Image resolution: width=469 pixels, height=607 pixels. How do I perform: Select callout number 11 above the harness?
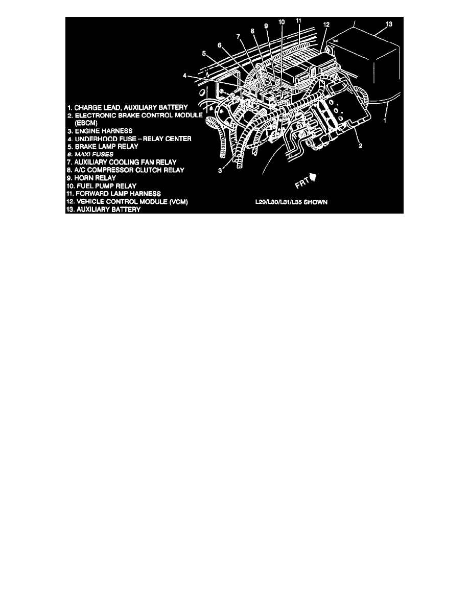click(299, 20)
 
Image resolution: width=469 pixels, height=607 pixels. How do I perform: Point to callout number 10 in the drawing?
click(282, 22)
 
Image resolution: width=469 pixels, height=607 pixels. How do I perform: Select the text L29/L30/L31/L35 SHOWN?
click(292, 202)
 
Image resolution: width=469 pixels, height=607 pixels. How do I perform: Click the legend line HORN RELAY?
click(91, 178)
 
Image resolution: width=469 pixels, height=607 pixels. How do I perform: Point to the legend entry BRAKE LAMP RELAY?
click(102, 146)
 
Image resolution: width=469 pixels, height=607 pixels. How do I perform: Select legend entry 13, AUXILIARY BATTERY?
click(104, 209)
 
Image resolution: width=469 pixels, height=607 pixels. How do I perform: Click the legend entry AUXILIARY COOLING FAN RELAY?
click(122, 162)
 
